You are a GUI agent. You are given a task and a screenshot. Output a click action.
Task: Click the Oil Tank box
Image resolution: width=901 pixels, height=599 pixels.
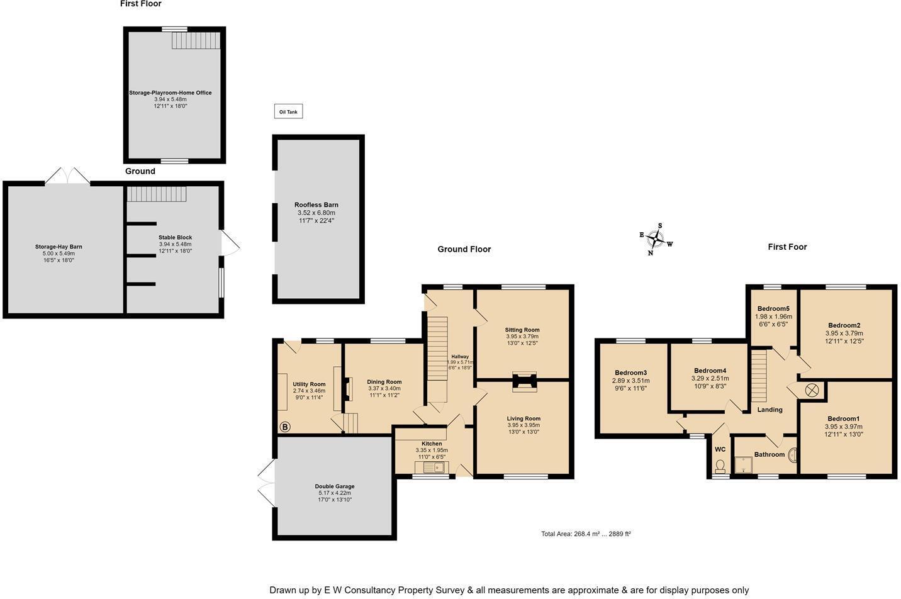click(288, 112)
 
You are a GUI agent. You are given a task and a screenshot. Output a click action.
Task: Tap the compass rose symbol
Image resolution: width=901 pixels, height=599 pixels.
click(656, 239)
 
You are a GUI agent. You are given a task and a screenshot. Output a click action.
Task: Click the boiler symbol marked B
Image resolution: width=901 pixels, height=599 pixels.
click(284, 427)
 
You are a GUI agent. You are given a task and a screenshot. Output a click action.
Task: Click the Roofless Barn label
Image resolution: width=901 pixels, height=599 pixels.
click(316, 205)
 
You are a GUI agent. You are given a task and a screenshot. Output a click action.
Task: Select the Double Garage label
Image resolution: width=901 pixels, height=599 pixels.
click(334, 486)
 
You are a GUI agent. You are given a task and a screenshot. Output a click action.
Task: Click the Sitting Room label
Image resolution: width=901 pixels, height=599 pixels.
click(522, 330)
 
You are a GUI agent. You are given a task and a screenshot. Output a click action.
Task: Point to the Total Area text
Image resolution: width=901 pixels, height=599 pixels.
click(586, 534)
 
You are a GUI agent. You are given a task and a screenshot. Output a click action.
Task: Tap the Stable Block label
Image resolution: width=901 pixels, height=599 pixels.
click(175, 238)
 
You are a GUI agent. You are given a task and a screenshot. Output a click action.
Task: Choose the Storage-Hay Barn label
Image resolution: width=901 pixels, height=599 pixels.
click(59, 247)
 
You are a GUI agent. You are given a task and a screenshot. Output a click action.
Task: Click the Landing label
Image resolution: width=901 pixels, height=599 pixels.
click(769, 410)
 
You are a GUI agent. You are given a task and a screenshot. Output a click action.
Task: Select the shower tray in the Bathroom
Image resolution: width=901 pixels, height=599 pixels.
click(745, 464)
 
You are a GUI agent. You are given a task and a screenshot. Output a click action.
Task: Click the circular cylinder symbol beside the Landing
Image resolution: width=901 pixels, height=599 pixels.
click(812, 390)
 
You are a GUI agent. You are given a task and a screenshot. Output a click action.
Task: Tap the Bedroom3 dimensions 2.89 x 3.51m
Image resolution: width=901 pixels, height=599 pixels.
click(630, 381)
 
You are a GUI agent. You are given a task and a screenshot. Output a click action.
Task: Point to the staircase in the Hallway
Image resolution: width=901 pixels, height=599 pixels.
click(437, 359)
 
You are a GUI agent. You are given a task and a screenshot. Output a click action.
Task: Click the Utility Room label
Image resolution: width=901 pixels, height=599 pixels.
click(309, 384)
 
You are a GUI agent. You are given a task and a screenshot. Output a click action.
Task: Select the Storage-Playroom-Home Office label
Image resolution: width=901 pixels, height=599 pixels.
click(171, 93)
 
